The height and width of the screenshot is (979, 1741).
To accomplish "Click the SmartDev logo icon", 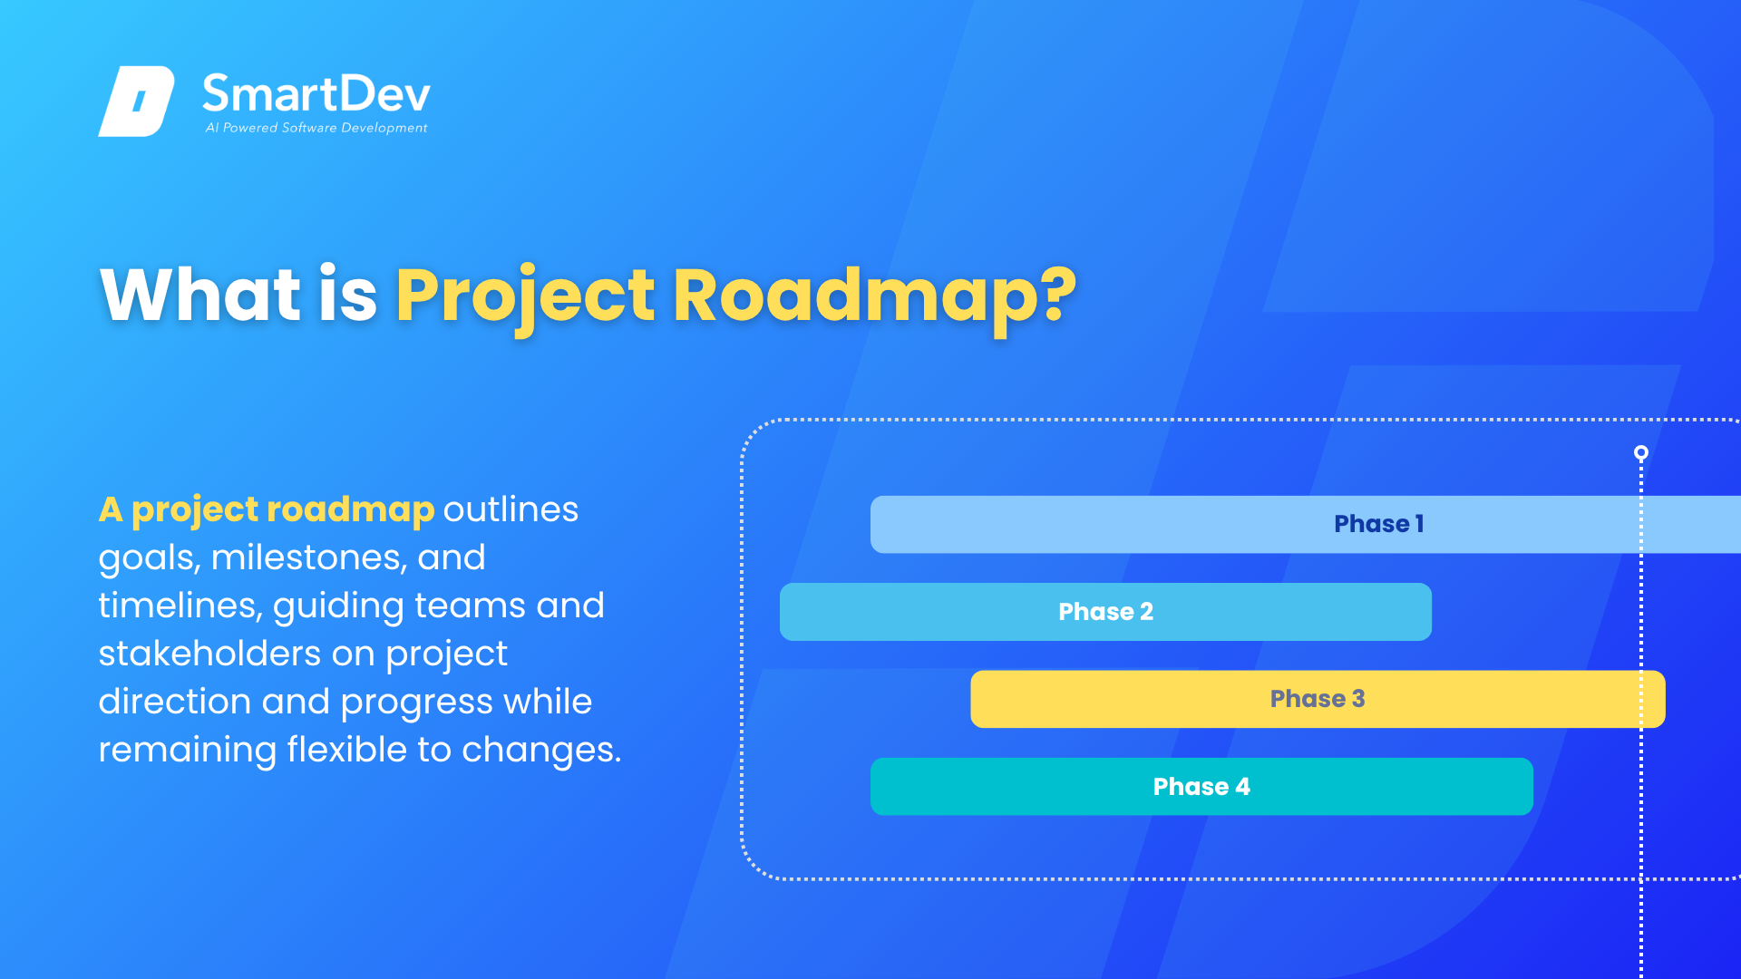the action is click(x=136, y=102).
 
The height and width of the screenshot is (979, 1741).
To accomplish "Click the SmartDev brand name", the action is click(x=316, y=93).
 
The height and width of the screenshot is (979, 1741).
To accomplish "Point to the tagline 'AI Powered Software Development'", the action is click(x=316, y=128).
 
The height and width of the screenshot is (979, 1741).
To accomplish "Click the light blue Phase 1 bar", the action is click(x=1306, y=524).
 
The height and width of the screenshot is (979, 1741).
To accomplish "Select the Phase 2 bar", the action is click(x=1105, y=612).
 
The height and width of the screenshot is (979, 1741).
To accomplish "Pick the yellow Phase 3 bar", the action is click(x=1318, y=699).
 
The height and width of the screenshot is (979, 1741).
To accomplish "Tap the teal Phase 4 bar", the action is click(x=1201, y=787).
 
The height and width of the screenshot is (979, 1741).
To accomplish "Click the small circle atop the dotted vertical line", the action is click(x=1640, y=452).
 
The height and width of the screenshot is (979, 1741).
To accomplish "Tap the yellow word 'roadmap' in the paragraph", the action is click(x=350, y=510).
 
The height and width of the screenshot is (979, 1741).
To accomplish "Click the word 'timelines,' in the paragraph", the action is click(x=180, y=606).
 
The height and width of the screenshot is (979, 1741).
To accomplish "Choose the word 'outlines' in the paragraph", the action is click(x=511, y=509).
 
